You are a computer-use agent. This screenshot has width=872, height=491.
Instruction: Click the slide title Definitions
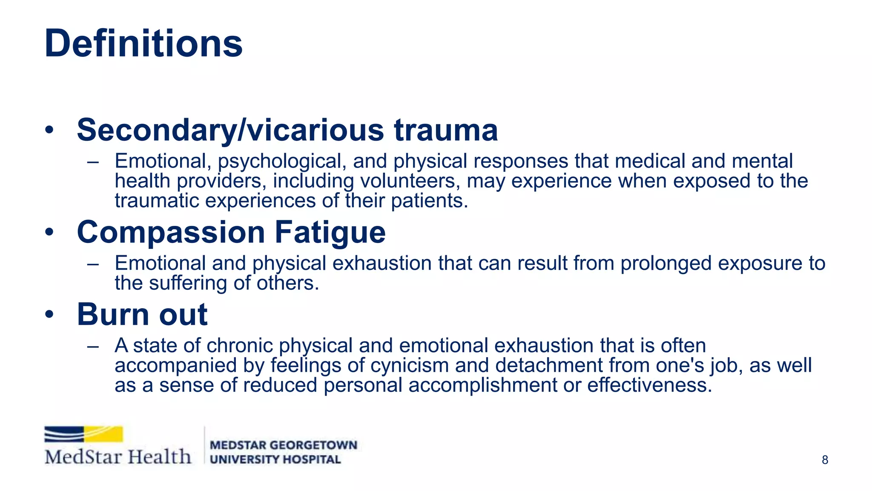point(143,43)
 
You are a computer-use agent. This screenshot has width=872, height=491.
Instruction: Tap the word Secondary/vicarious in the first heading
point(230,130)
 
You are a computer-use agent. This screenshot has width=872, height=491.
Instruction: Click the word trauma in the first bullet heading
point(446,130)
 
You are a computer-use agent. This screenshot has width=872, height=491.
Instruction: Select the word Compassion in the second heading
point(171,232)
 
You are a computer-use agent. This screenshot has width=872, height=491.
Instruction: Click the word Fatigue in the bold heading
point(330,232)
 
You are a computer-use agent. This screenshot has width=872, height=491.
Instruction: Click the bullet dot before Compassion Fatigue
point(50,232)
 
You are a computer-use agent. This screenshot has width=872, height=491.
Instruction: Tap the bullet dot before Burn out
point(50,315)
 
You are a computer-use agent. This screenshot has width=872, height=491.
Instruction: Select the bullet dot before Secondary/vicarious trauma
point(50,130)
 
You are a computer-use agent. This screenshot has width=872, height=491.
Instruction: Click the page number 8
point(825,460)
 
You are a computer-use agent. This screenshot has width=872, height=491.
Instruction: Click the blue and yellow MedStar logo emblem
point(83,434)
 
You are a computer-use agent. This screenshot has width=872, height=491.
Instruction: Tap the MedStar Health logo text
point(118,457)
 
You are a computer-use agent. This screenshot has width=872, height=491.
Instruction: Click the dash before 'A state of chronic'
point(93,346)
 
